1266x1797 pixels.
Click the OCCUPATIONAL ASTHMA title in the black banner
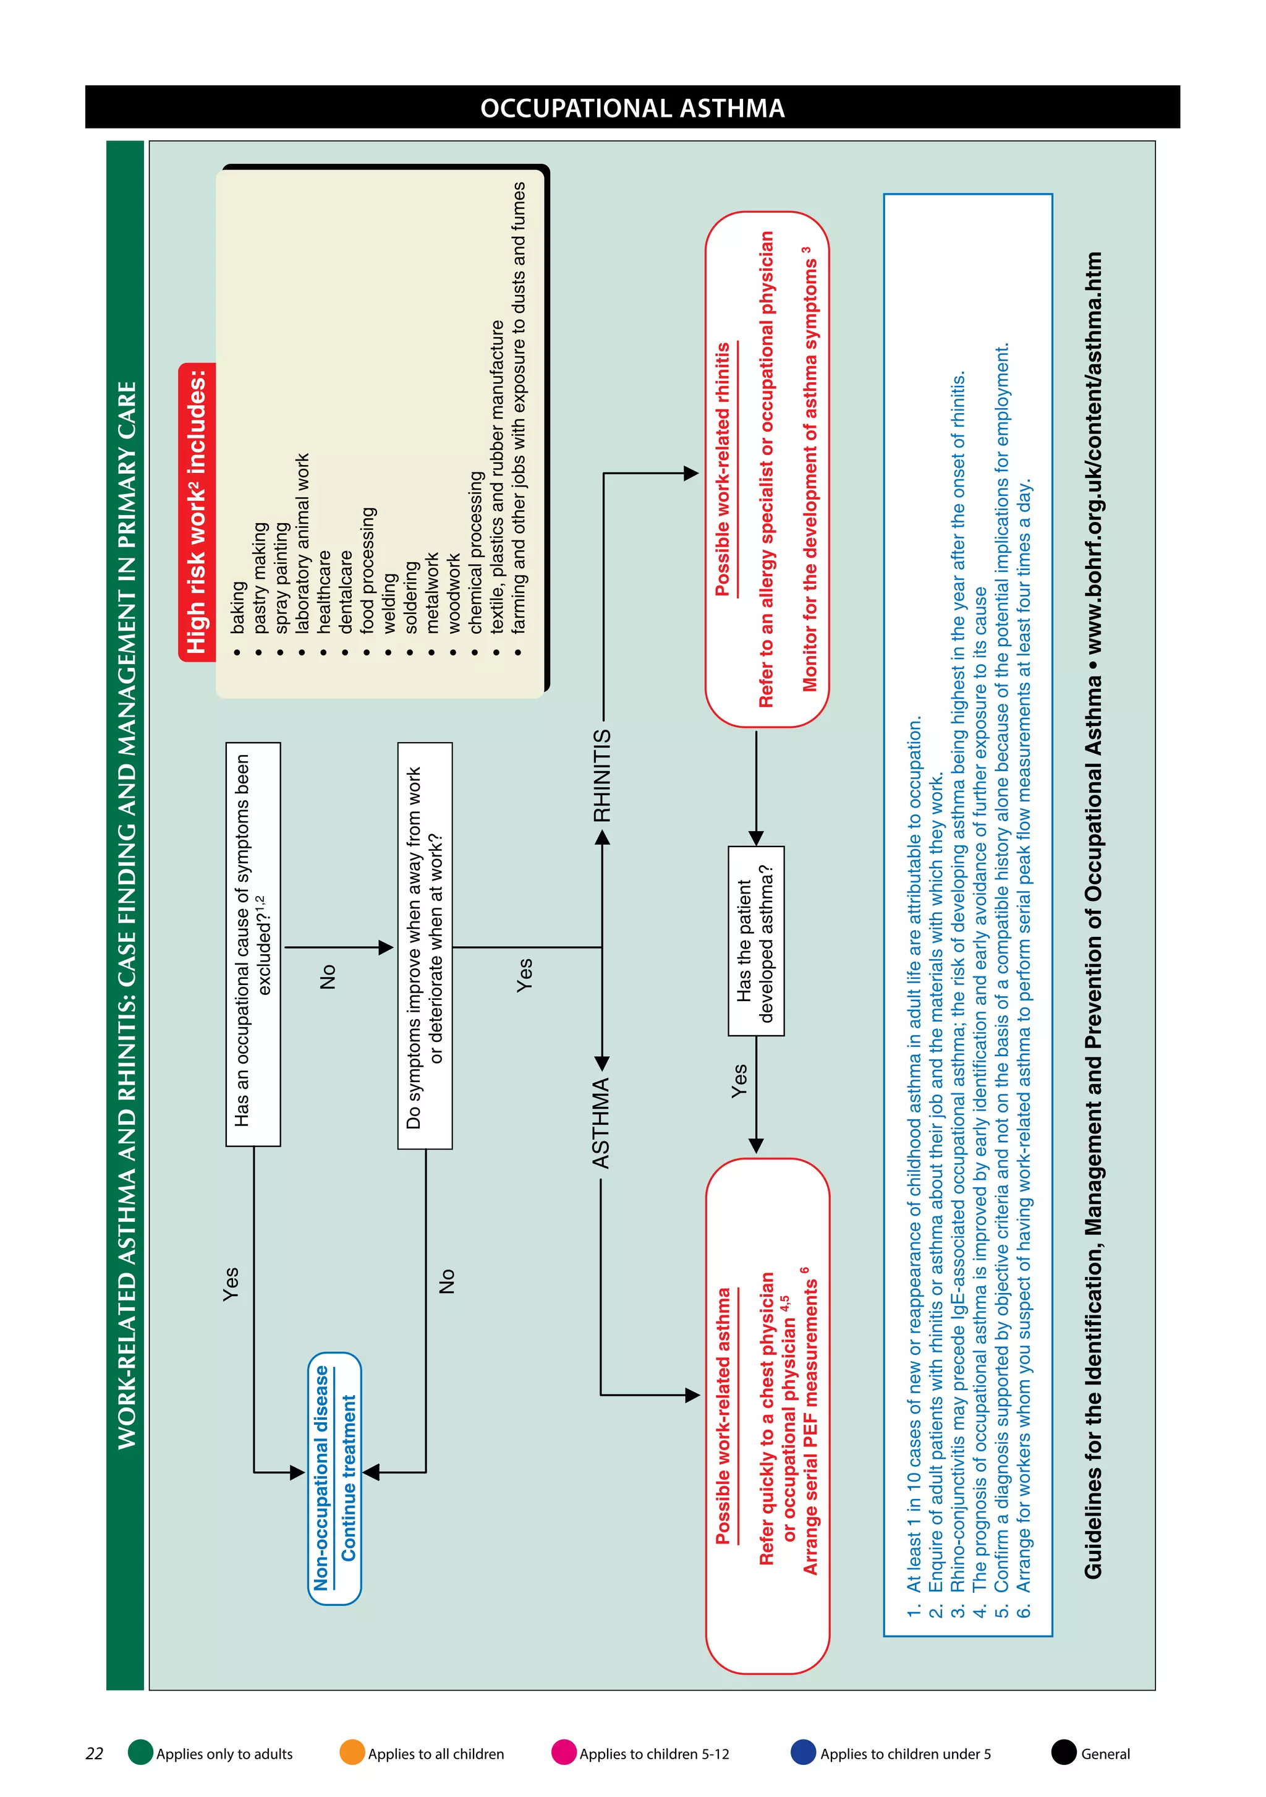pyautogui.click(x=632, y=108)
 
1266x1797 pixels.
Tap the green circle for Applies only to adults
pyautogui.click(x=141, y=1752)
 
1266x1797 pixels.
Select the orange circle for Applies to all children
pyautogui.click(x=352, y=1752)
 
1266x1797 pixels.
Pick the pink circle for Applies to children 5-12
pyautogui.click(x=563, y=1752)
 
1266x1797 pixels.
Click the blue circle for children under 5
pyautogui.click(x=803, y=1752)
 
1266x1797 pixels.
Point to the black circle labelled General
pyautogui.click(x=1063, y=1752)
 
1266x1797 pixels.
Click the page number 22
pyautogui.click(x=94, y=1753)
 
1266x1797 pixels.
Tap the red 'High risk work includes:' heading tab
pyautogui.click(x=197, y=512)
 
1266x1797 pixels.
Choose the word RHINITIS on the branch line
pyautogui.click(x=601, y=775)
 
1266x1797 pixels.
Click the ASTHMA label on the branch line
pyautogui.click(x=600, y=1123)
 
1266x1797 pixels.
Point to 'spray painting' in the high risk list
pyautogui.click(x=282, y=578)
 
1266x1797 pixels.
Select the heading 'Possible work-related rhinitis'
pyautogui.click(x=722, y=469)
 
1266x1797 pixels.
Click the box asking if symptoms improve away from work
pyautogui.click(x=425, y=945)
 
